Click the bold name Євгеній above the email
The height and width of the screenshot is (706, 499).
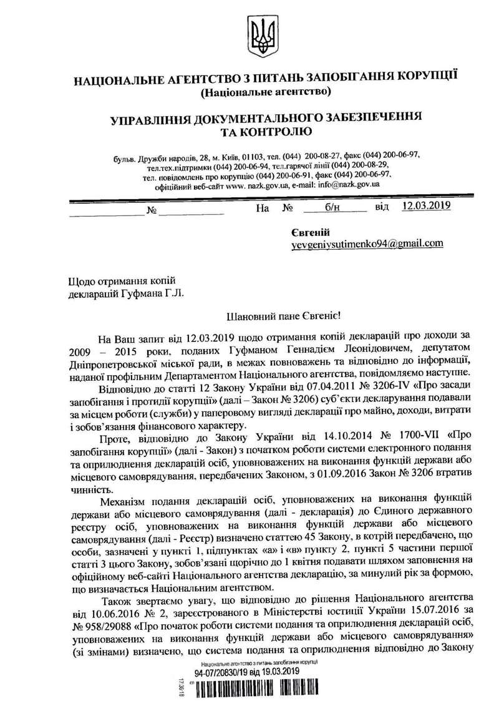click(306, 232)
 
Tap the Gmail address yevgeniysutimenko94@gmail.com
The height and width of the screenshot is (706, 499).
click(367, 244)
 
